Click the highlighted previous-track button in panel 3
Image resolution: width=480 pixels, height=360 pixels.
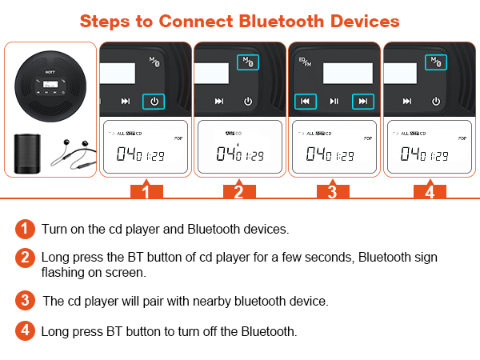tap(305, 102)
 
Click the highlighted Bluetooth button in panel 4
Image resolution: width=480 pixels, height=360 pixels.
tap(436, 62)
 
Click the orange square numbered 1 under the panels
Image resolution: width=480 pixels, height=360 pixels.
tap(146, 191)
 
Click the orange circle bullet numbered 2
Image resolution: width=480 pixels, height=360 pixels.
tap(26, 258)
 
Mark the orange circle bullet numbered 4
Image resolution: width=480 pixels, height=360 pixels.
tap(26, 330)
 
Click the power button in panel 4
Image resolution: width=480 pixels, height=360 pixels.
tap(436, 102)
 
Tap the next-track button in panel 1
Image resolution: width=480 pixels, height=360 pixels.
tap(125, 102)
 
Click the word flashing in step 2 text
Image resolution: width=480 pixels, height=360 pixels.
tap(62, 272)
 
